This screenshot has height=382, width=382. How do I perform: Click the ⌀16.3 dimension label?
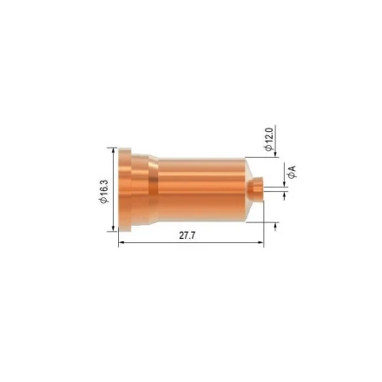point(102,190)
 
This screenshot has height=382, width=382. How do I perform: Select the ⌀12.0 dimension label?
point(269,139)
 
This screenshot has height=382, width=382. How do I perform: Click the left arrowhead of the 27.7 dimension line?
point(121,242)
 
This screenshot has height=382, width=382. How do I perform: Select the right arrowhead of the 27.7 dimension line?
point(260,242)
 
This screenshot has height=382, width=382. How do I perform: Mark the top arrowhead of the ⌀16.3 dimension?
point(113,150)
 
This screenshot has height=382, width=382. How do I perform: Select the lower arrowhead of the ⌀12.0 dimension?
point(276,225)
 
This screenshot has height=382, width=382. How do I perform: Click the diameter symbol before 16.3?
point(102,201)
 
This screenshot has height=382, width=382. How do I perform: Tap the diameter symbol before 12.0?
point(269,148)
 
